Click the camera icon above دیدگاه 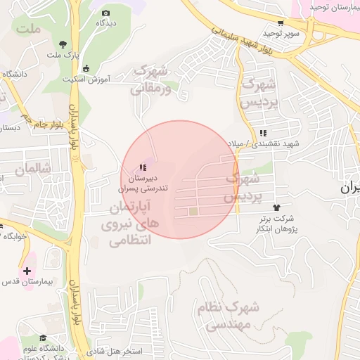pyautogui.click(x=106, y=13)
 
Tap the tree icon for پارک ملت pyautogui.click(x=64, y=44)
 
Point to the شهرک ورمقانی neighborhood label pyautogui.click(x=150, y=79)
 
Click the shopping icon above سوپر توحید pyautogui.click(x=281, y=22)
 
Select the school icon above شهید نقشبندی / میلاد pyautogui.click(x=263, y=133)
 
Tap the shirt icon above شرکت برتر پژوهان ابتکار pyautogui.click(x=276, y=208)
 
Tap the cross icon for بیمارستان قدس pyautogui.click(x=27, y=271)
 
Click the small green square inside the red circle pyautogui.click(x=193, y=211)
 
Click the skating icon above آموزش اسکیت pyautogui.click(x=86, y=68)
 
